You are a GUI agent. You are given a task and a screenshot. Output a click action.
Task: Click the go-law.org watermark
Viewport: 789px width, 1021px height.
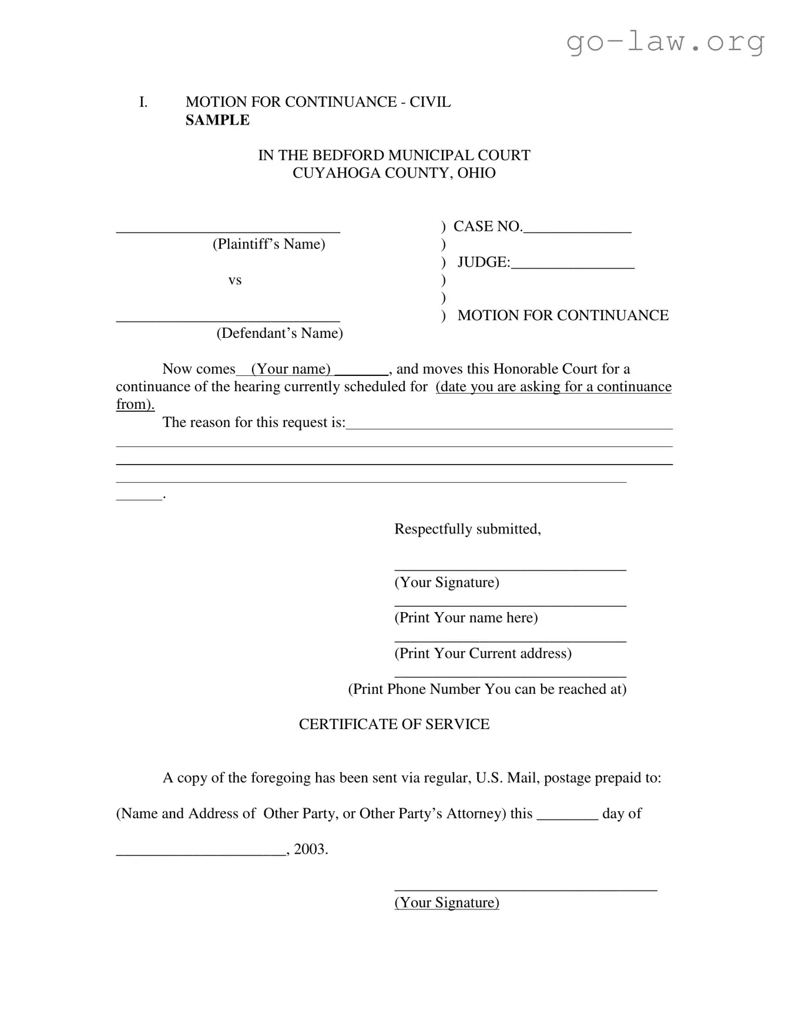click(665, 42)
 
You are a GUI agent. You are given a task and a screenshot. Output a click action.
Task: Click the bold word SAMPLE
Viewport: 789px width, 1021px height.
click(217, 120)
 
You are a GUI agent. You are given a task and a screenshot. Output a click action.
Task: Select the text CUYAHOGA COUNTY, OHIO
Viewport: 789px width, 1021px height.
click(394, 173)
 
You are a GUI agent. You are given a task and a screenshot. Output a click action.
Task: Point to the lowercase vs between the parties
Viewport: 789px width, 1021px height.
click(235, 280)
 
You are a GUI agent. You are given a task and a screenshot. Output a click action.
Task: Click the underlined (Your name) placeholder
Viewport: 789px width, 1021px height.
click(291, 370)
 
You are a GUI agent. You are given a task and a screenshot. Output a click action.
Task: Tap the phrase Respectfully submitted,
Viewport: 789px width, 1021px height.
click(467, 529)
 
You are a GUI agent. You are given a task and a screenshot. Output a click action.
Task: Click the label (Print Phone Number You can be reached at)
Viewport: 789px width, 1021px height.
click(487, 689)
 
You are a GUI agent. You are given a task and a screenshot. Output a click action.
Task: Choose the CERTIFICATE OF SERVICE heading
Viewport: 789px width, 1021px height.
click(394, 724)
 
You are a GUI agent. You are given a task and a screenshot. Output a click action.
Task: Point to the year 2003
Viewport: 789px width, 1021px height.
click(310, 849)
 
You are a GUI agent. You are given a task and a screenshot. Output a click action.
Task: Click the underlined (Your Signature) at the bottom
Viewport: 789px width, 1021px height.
click(446, 903)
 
